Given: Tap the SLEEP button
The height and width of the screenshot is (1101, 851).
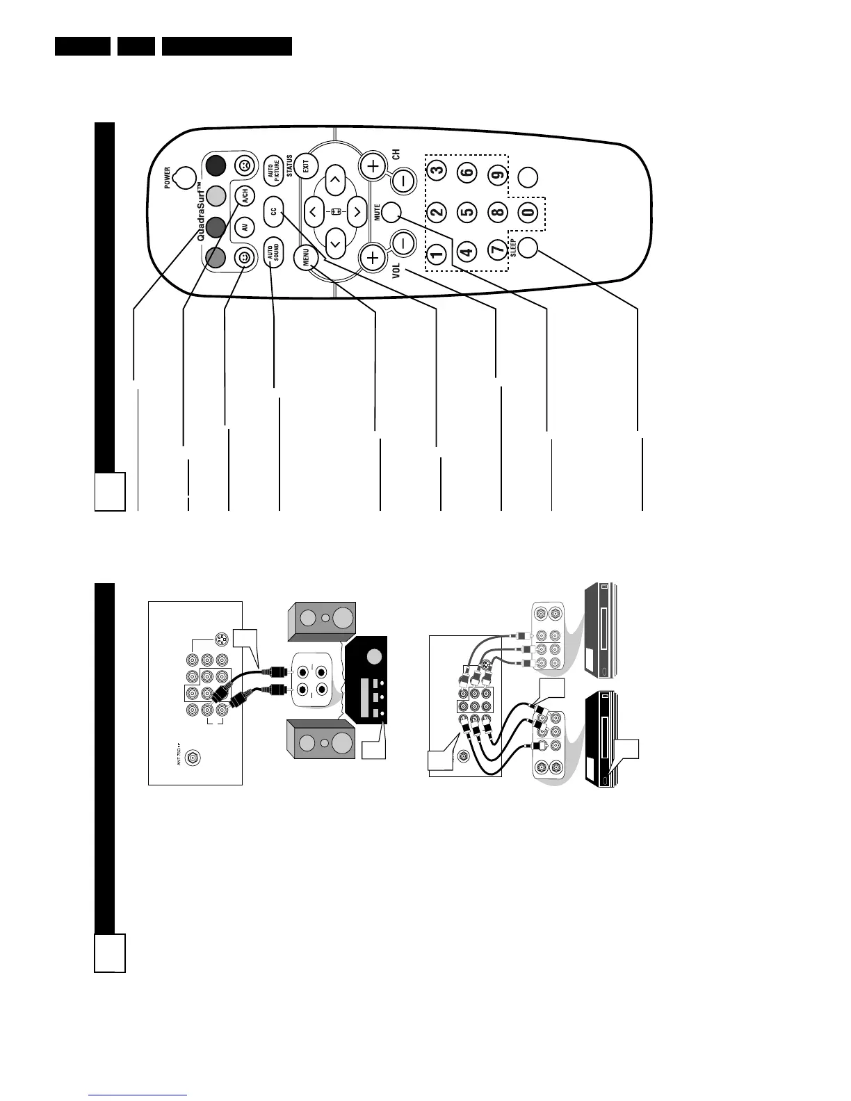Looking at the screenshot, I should [x=528, y=247].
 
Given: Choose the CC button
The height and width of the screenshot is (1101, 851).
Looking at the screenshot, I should [x=273, y=211].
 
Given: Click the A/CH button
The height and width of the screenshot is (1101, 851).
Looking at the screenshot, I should [x=243, y=197].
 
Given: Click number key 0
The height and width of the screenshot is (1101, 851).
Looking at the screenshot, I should [x=528, y=211].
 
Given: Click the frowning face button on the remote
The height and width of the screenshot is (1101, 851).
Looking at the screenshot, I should [x=243, y=165].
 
